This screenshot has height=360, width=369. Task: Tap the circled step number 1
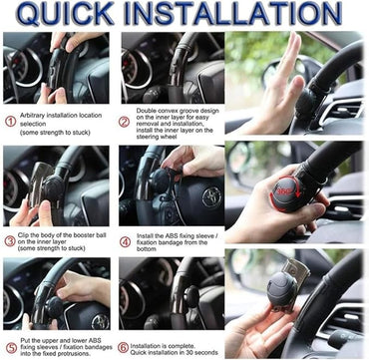10,120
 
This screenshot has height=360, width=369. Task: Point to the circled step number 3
10,236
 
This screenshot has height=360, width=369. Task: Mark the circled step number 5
10,346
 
